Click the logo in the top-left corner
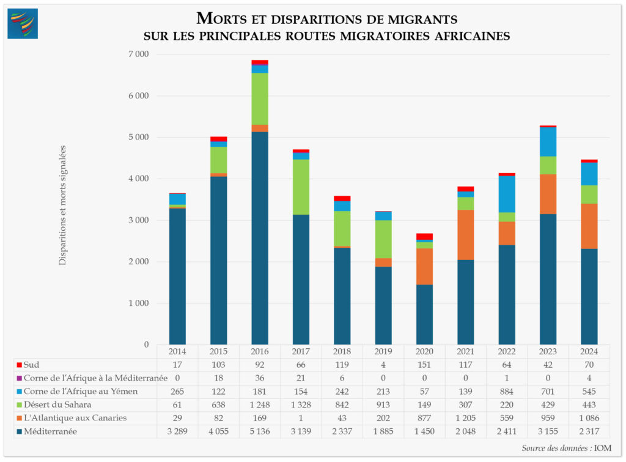point(23,24)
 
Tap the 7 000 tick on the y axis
point(138,54)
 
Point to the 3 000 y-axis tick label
point(138,220)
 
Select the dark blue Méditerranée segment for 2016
point(260,239)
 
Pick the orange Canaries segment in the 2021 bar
point(465,234)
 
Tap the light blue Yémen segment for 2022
point(507,194)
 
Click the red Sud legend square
point(20,365)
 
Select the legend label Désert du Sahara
point(58,404)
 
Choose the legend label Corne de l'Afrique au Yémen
point(81,392)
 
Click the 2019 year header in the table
point(383,352)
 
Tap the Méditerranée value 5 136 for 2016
point(260,431)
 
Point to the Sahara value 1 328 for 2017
point(301,404)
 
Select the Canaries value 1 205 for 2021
point(465,418)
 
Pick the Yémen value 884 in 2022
point(507,392)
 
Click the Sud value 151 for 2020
point(424,365)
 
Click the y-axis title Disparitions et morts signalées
point(62,205)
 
